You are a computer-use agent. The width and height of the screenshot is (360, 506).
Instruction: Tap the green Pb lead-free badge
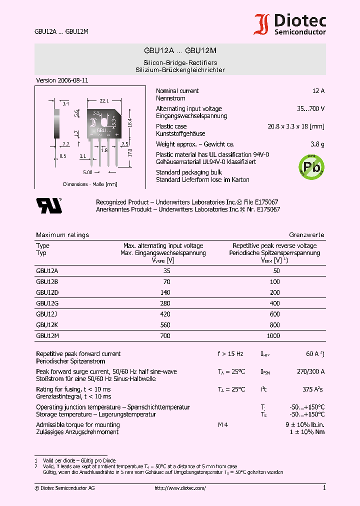point(312,166)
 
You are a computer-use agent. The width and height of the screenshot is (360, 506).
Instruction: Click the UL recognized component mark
point(48,205)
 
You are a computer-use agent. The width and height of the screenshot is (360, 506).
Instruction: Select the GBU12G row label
point(44,303)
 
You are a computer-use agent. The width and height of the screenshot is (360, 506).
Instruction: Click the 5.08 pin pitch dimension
point(87,172)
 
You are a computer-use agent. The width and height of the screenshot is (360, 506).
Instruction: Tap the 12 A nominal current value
point(318,91)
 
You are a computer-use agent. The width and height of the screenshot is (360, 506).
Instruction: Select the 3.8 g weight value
point(316,144)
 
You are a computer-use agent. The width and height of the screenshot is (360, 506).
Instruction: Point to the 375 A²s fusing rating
point(313,389)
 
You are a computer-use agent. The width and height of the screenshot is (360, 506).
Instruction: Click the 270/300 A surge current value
point(310,371)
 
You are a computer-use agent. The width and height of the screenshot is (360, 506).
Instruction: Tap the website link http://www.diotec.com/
point(180,488)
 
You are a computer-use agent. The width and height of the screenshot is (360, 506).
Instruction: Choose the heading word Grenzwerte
point(306,235)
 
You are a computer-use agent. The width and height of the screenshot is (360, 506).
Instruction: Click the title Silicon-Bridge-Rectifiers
point(180,63)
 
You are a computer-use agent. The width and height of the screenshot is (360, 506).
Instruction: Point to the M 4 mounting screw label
point(223,425)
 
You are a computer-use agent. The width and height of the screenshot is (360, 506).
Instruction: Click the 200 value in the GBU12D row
point(274,292)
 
